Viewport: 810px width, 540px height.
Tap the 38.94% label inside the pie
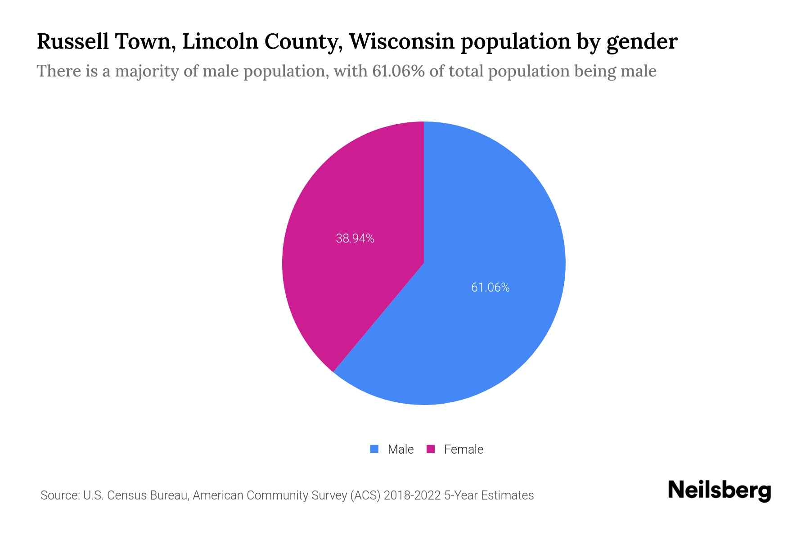(355, 238)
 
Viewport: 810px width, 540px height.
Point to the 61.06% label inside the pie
(490, 288)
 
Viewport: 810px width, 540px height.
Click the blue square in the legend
(374, 449)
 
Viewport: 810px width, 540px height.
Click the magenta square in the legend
(431, 449)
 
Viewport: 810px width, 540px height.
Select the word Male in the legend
(400, 450)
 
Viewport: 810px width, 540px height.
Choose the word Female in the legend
(463, 450)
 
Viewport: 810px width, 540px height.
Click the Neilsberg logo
(719, 490)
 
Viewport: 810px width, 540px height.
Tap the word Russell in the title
(72, 41)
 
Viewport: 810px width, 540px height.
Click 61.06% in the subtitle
(398, 71)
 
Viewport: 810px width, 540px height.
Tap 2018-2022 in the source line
(412, 495)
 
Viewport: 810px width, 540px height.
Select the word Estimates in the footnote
(507, 495)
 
